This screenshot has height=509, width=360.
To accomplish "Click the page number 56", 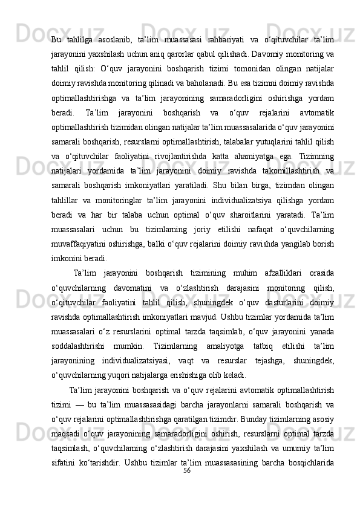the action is (187, 470).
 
